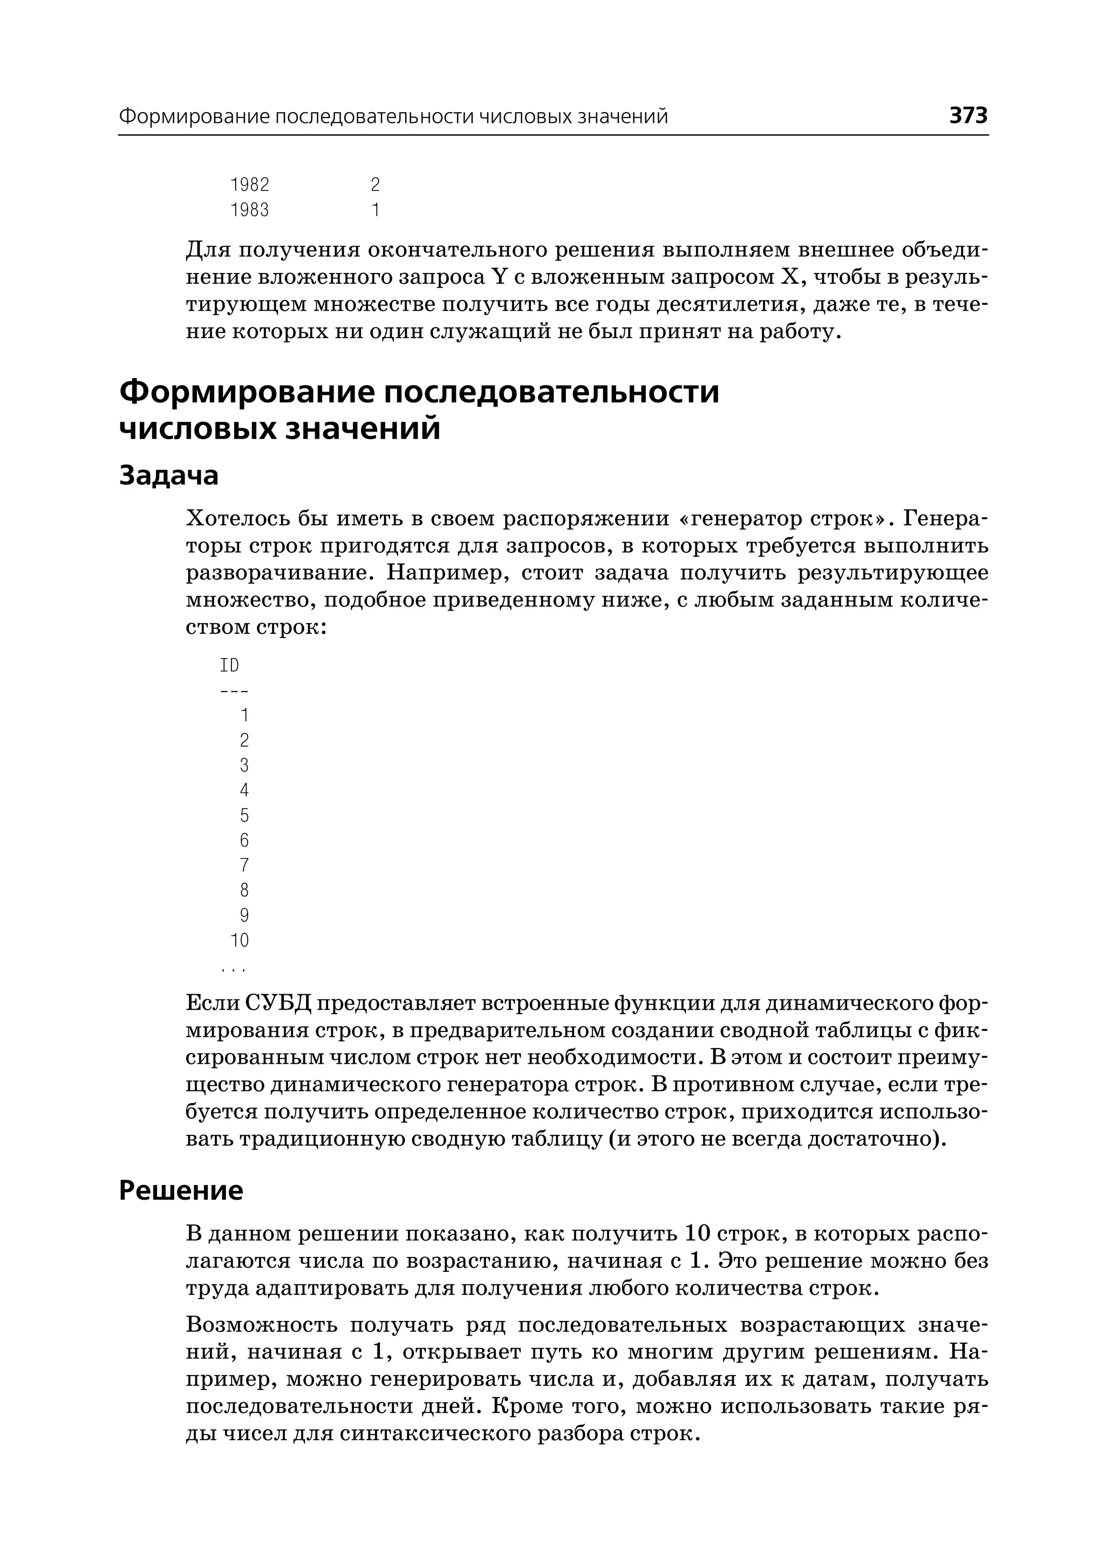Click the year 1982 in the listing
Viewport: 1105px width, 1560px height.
(250, 185)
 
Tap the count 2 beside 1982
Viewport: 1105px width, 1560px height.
(375, 185)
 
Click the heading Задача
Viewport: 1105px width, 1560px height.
(169, 476)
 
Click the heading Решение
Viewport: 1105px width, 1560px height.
(181, 1190)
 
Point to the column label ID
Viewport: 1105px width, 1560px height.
(229, 665)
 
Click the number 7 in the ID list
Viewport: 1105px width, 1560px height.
(244, 865)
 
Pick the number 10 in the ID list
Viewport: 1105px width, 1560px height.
(240, 941)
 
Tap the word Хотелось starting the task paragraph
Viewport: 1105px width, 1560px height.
(237, 519)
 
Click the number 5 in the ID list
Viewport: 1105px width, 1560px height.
(244, 815)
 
